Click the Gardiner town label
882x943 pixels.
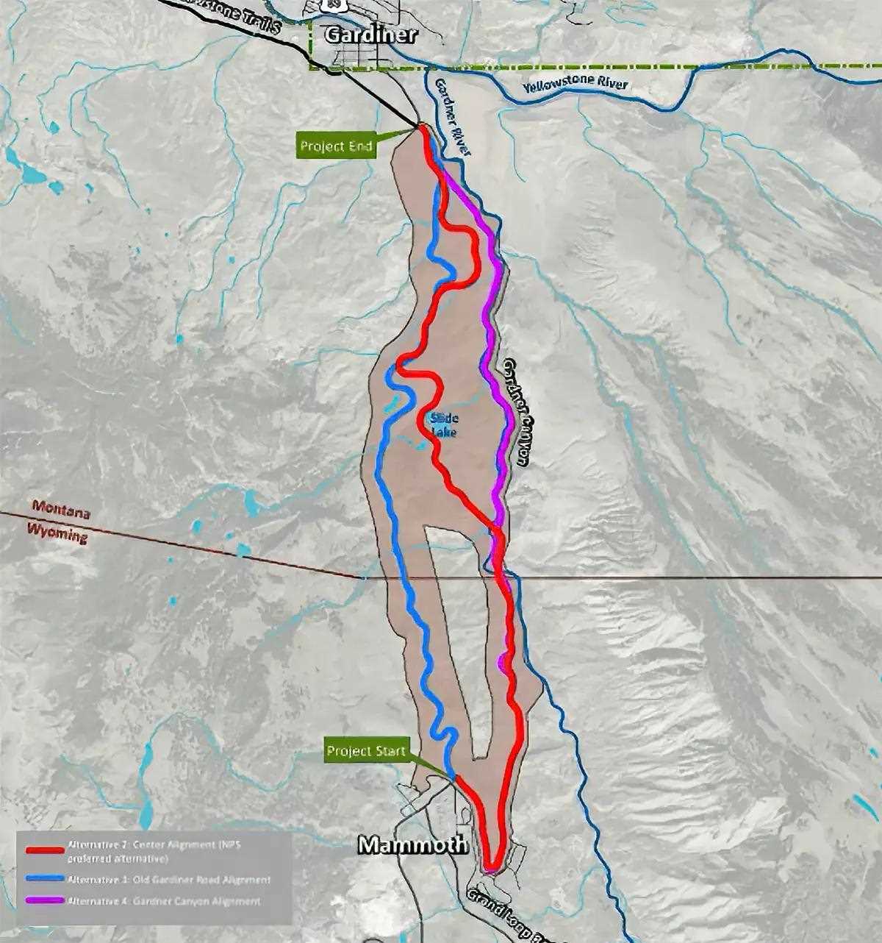pyautogui.click(x=370, y=35)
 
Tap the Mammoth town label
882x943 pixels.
pyautogui.click(x=412, y=844)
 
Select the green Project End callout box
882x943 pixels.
pyautogui.click(x=337, y=146)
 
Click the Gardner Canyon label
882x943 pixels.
pyautogui.click(x=517, y=412)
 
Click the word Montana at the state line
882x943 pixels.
pyautogui.click(x=60, y=509)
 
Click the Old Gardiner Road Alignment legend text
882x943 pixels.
pyautogui.click(x=168, y=879)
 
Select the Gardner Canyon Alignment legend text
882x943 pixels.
pyautogui.click(x=163, y=900)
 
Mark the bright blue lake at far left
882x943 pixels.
pyautogui.click(x=32, y=174)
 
